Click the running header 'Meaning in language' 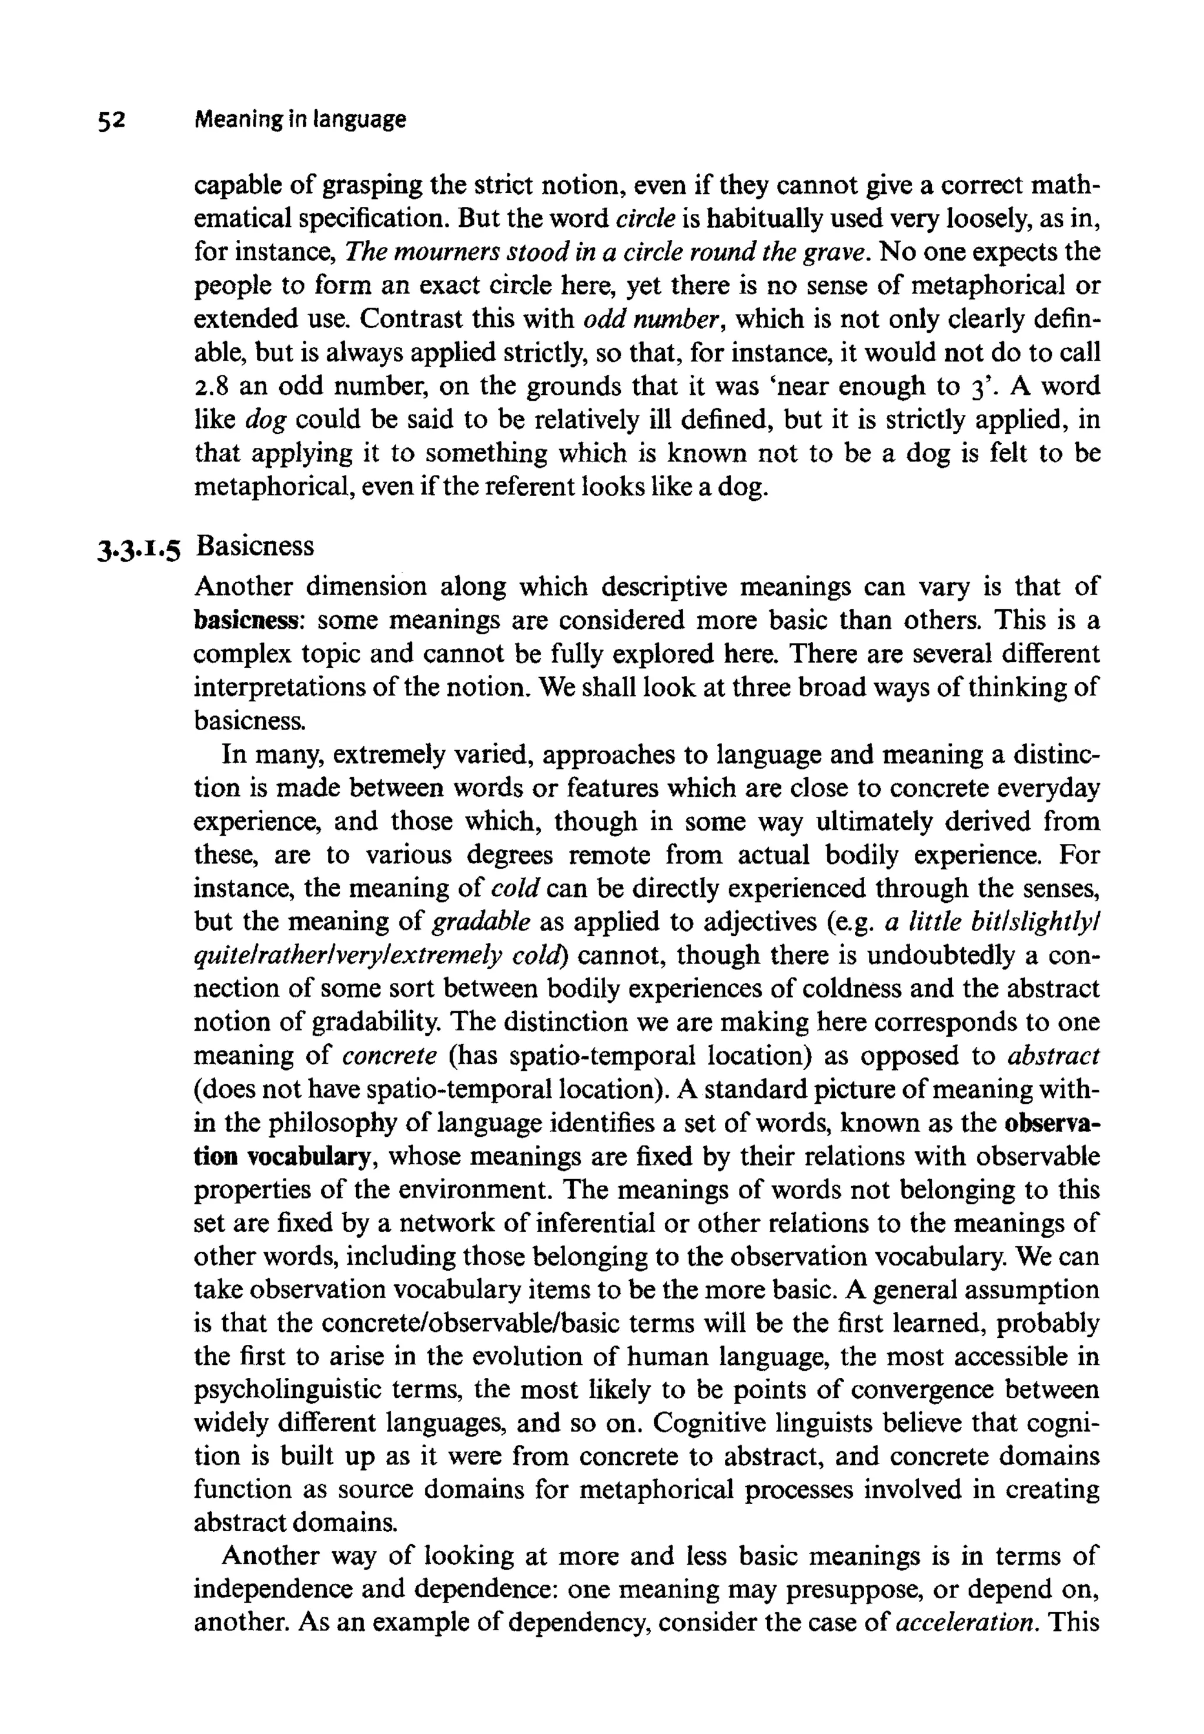[299, 119]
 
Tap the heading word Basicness [255, 545]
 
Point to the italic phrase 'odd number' [650, 320]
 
